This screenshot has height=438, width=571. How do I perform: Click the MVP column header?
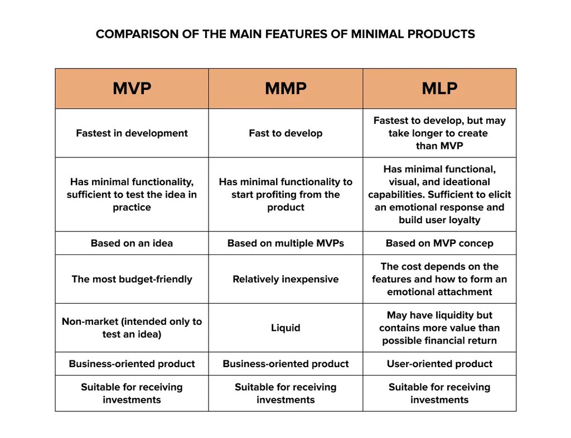point(132,89)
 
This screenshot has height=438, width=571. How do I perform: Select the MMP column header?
point(285,89)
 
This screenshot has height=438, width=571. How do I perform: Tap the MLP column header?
point(439,89)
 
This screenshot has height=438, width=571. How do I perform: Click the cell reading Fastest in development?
point(132,133)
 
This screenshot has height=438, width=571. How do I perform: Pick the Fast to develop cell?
point(285,133)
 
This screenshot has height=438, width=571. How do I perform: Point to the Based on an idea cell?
point(132,243)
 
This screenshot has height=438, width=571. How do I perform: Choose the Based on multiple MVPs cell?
point(285,243)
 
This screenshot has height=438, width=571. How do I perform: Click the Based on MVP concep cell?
point(439,243)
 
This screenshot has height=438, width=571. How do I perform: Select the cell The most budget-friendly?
point(132,279)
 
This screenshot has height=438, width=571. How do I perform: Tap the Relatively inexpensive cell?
point(285,279)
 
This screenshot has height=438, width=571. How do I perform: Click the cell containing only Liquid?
point(285,328)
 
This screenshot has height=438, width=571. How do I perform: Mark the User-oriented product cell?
point(439,364)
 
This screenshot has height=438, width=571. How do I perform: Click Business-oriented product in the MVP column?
point(132,364)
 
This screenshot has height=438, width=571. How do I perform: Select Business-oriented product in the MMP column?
point(285,364)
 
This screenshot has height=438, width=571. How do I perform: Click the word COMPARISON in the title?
point(132,34)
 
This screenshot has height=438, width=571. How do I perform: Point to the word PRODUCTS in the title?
point(441,34)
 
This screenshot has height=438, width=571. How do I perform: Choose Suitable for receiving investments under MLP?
point(439,393)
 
